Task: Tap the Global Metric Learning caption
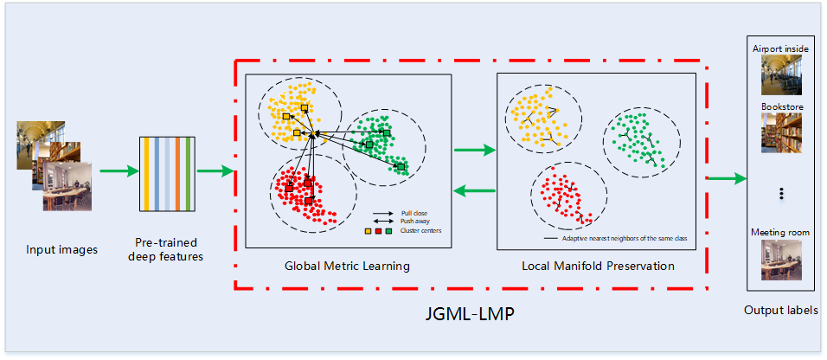coord(347,266)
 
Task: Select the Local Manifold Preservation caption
coord(598,266)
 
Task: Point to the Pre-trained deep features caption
coord(165,249)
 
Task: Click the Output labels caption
coord(781,310)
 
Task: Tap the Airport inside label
coord(780,49)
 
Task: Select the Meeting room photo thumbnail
coord(780,260)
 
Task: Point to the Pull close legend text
coord(413,213)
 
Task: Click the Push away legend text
coord(413,222)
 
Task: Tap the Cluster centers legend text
coord(419,231)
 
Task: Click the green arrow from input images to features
coord(117,170)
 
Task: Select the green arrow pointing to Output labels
coord(727,179)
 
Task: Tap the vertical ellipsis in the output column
coord(780,194)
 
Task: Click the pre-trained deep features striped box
coord(165,174)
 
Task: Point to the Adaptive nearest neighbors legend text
coord(620,238)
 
